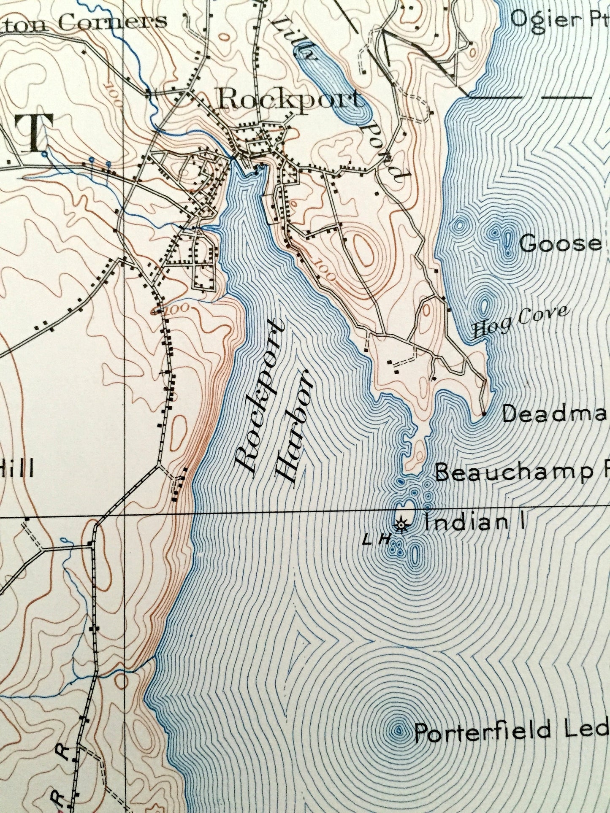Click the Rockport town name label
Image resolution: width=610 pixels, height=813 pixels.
pos(290,100)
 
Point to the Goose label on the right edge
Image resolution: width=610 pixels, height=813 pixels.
pos(560,243)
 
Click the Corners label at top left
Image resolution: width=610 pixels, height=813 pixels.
pos(112,22)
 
